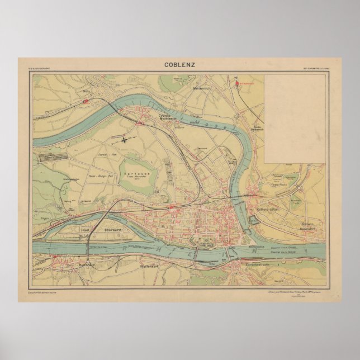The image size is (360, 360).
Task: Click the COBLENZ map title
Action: click(x=179, y=64)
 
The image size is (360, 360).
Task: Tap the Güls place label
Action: click(x=86, y=90)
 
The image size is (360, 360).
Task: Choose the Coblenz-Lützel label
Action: click(x=267, y=209)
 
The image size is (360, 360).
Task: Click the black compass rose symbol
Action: click(x=127, y=136)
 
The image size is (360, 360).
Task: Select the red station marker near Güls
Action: click(x=85, y=102)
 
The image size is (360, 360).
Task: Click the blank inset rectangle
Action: click(x=295, y=117)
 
